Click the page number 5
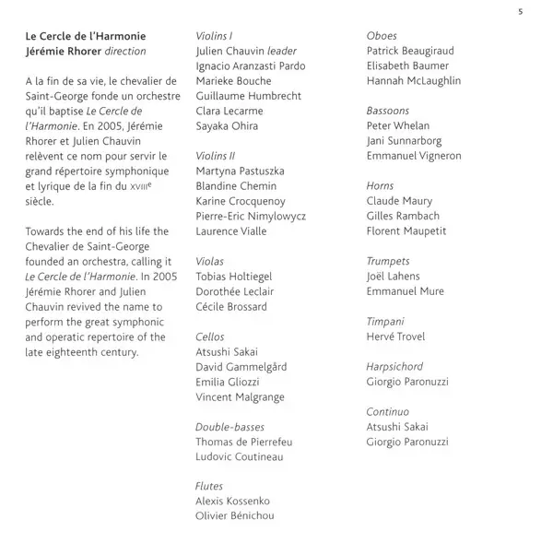(x=521, y=11)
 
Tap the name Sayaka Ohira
(x=227, y=126)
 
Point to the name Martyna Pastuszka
(x=240, y=171)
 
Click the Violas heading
(x=210, y=262)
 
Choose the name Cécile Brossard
(x=231, y=307)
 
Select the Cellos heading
(x=210, y=337)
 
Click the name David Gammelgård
(x=241, y=367)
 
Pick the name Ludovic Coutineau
(x=240, y=457)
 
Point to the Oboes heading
(x=382, y=36)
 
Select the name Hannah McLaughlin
(x=414, y=81)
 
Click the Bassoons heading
(x=389, y=111)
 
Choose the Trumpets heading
(x=388, y=262)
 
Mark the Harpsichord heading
(x=394, y=367)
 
